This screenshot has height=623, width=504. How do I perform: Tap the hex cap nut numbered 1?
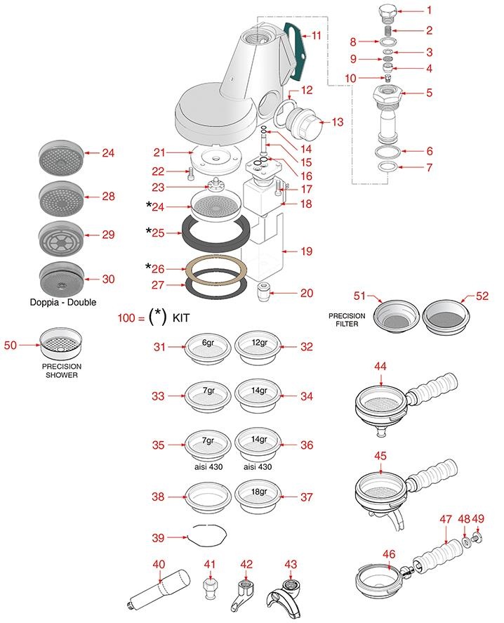click(386, 12)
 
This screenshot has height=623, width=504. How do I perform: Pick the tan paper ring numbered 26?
click(215, 268)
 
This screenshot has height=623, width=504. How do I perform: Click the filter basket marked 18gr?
click(253, 494)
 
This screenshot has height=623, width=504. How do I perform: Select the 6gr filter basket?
click(208, 347)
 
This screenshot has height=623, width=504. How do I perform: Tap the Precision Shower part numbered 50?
click(62, 345)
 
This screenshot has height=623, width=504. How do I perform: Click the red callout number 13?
click(337, 122)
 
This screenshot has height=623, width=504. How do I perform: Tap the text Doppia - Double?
click(63, 302)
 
